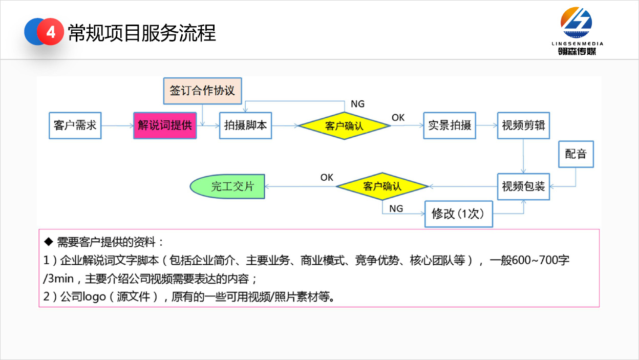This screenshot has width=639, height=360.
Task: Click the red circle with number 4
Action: pyautogui.click(x=51, y=32)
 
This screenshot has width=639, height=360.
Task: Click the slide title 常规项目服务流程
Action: pyautogui.click(x=142, y=33)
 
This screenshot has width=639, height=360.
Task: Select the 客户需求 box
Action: pyautogui.click(x=75, y=125)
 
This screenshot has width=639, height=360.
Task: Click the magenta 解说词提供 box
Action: pyautogui.click(x=165, y=125)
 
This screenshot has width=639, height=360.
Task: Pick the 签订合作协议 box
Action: pyautogui.click(x=202, y=91)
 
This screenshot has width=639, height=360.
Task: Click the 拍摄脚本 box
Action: pyautogui.click(x=245, y=125)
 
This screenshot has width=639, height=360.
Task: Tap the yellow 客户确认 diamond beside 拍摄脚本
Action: pyautogui.click(x=344, y=125)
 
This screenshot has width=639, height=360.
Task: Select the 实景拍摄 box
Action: pyautogui.click(x=450, y=125)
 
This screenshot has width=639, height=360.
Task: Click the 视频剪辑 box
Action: pyautogui.click(x=523, y=125)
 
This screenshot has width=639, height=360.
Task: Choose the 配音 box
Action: pyautogui.click(x=576, y=154)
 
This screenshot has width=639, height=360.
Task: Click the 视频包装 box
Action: pyautogui.click(x=523, y=186)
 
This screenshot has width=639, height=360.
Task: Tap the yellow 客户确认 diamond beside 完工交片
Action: pyautogui.click(x=382, y=186)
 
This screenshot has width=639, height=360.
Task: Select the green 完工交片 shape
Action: pyautogui.click(x=228, y=186)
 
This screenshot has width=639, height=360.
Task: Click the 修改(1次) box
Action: pyautogui.click(x=459, y=214)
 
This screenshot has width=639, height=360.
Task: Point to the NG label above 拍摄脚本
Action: pyautogui.click(x=358, y=104)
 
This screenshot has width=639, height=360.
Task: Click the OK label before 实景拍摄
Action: pyautogui.click(x=398, y=118)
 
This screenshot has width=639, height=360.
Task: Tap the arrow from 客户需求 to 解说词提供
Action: pyautogui.click(x=117, y=125)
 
